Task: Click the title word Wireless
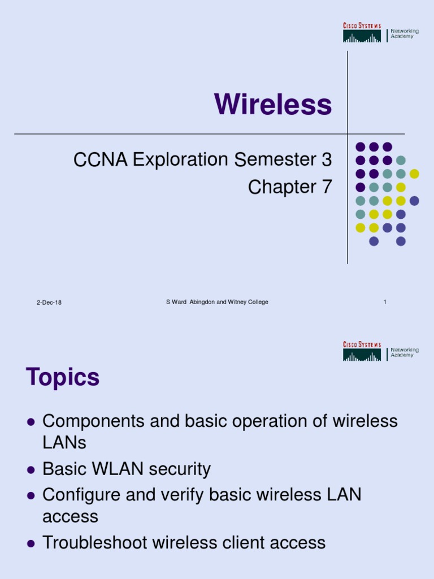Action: [x=273, y=105]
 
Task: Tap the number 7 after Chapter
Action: [x=327, y=187]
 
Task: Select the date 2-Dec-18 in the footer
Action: [x=49, y=303]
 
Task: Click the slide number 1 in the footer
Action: [x=385, y=302]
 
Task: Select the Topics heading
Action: [x=63, y=378]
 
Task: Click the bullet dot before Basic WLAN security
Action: [x=32, y=470]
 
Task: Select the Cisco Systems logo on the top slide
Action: [x=362, y=32]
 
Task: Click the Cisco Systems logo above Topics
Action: [x=362, y=351]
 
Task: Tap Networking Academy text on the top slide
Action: [x=405, y=33]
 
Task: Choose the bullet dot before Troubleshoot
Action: [x=32, y=543]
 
